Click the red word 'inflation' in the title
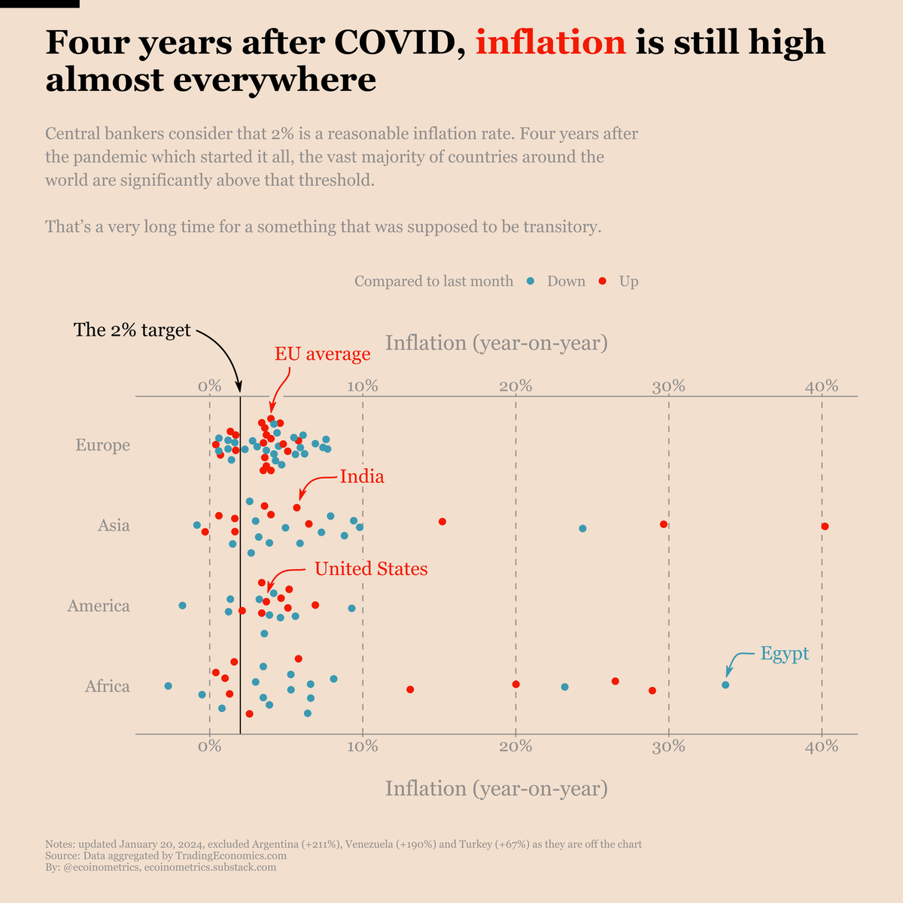point(551,42)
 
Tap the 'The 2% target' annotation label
point(132,330)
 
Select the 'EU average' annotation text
point(322,354)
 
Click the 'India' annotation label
point(362,476)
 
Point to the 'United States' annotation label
point(371,569)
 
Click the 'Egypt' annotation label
point(784,653)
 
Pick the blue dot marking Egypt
point(725,685)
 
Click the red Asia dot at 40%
point(825,526)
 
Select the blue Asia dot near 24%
point(582,528)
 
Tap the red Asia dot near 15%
point(442,521)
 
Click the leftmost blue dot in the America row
point(182,605)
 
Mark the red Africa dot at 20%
point(515,684)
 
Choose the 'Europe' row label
point(102,445)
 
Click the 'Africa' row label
point(107,686)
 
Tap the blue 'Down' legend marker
point(531,281)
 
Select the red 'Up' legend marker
point(603,281)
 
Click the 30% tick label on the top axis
point(668,386)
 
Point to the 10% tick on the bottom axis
point(363,746)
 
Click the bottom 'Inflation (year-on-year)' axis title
point(496,788)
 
